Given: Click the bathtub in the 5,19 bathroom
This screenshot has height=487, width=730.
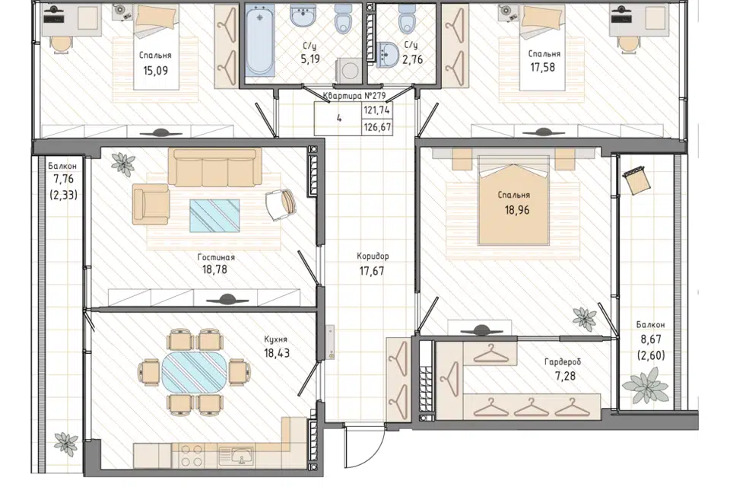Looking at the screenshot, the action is pyautogui.click(x=259, y=40).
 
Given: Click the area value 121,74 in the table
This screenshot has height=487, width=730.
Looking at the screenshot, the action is pyautogui.click(x=377, y=110).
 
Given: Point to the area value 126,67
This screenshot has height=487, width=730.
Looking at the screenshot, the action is pyautogui.click(x=377, y=127).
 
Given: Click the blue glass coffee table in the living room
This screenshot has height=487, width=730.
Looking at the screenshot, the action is pyautogui.click(x=214, y=215).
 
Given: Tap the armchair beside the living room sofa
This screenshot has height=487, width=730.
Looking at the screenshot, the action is pyautogui.click(x=151, y=204).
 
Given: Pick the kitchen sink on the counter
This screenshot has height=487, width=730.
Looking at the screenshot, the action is pyautogui.click(x=236, y=456).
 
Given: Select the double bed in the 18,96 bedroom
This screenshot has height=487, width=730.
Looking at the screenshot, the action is pyautogui.click(x=513, y=200).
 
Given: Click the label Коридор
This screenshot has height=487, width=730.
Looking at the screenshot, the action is pyautogui.click(x=373, y=256).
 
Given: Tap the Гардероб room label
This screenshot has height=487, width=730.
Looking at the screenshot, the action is pyautogui.click(x=563, y=362).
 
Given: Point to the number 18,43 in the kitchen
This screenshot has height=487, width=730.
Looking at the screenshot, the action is pyautogui.click(x=277, y=353).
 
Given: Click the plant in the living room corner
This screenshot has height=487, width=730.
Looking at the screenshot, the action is pyautogui.click(x=122, y=164).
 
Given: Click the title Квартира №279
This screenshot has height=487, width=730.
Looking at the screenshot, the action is pyautogui.click(x=354, y=96).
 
